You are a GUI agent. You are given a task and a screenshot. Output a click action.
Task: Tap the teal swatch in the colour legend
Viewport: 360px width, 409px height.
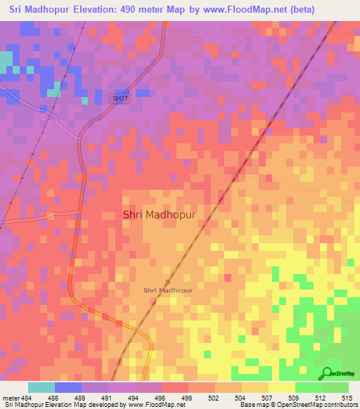point(41,387)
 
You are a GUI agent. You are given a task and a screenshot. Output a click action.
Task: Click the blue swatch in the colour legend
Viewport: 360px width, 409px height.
point(68,387)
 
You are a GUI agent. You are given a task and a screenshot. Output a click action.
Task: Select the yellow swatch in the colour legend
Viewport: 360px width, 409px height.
point(282,387)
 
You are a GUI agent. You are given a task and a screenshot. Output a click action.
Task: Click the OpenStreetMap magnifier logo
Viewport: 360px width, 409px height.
point(328,374)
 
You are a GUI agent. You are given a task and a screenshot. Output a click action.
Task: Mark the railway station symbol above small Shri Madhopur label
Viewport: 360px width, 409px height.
point(167,281)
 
